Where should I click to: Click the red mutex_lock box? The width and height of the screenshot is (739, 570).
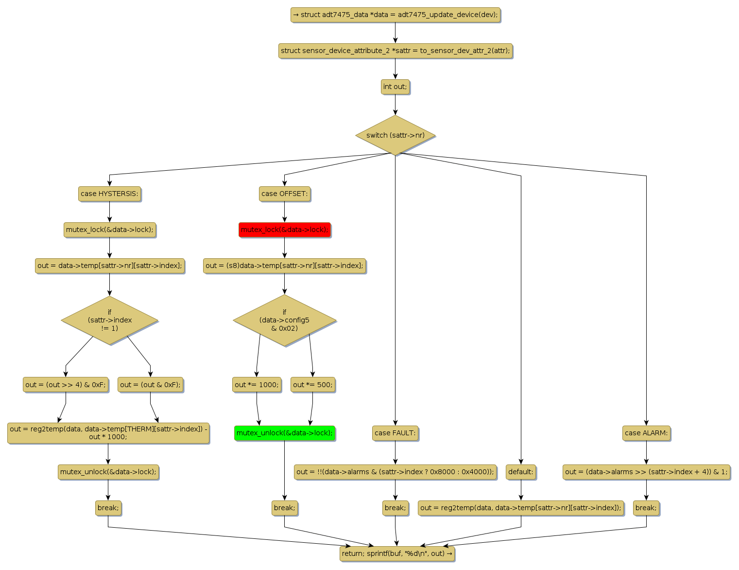point(285,230)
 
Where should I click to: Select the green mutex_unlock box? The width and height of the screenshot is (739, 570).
point(285,433)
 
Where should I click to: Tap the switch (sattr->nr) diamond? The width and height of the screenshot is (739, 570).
point(395,135)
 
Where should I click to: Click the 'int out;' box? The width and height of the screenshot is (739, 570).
point(395,87)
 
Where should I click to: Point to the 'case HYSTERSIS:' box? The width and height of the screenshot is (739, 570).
point(109,194)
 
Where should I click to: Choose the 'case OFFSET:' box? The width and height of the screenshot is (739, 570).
point(285,194)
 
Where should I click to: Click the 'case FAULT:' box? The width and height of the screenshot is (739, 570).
point(395,433)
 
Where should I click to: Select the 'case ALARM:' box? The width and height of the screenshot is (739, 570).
point(646,433)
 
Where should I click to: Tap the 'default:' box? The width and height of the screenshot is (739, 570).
point(521,472)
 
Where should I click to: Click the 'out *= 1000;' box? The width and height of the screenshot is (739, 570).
point(257,385)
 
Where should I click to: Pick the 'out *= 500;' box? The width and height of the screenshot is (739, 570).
point(313,385)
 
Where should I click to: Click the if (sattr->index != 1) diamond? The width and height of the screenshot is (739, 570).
point(109,321)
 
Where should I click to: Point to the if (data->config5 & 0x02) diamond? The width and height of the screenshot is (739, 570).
point(285,321)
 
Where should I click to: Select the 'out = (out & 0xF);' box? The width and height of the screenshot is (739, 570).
point(150,385)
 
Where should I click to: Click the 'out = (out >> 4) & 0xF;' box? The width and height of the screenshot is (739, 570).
point(66,385)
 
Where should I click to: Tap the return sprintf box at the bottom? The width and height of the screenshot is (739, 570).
point(397,553)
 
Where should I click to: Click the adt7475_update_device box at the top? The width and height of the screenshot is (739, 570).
point(395,15)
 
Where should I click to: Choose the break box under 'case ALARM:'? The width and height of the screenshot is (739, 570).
point(646,508)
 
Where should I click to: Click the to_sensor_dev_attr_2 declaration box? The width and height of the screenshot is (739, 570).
point(395,51)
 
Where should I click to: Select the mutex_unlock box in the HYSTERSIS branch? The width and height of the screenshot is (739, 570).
point(108,472)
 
